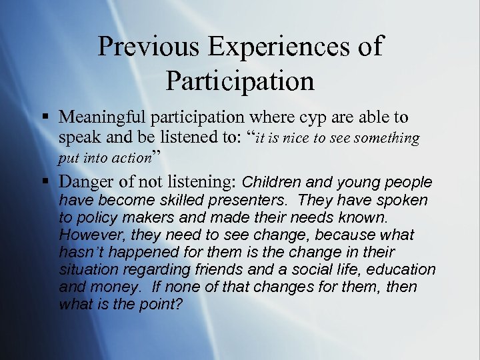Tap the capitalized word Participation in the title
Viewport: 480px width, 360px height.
(x=240, y=80)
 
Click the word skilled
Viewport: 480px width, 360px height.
(x=171, y=200)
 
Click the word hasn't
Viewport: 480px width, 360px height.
(x=81, y=252)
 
